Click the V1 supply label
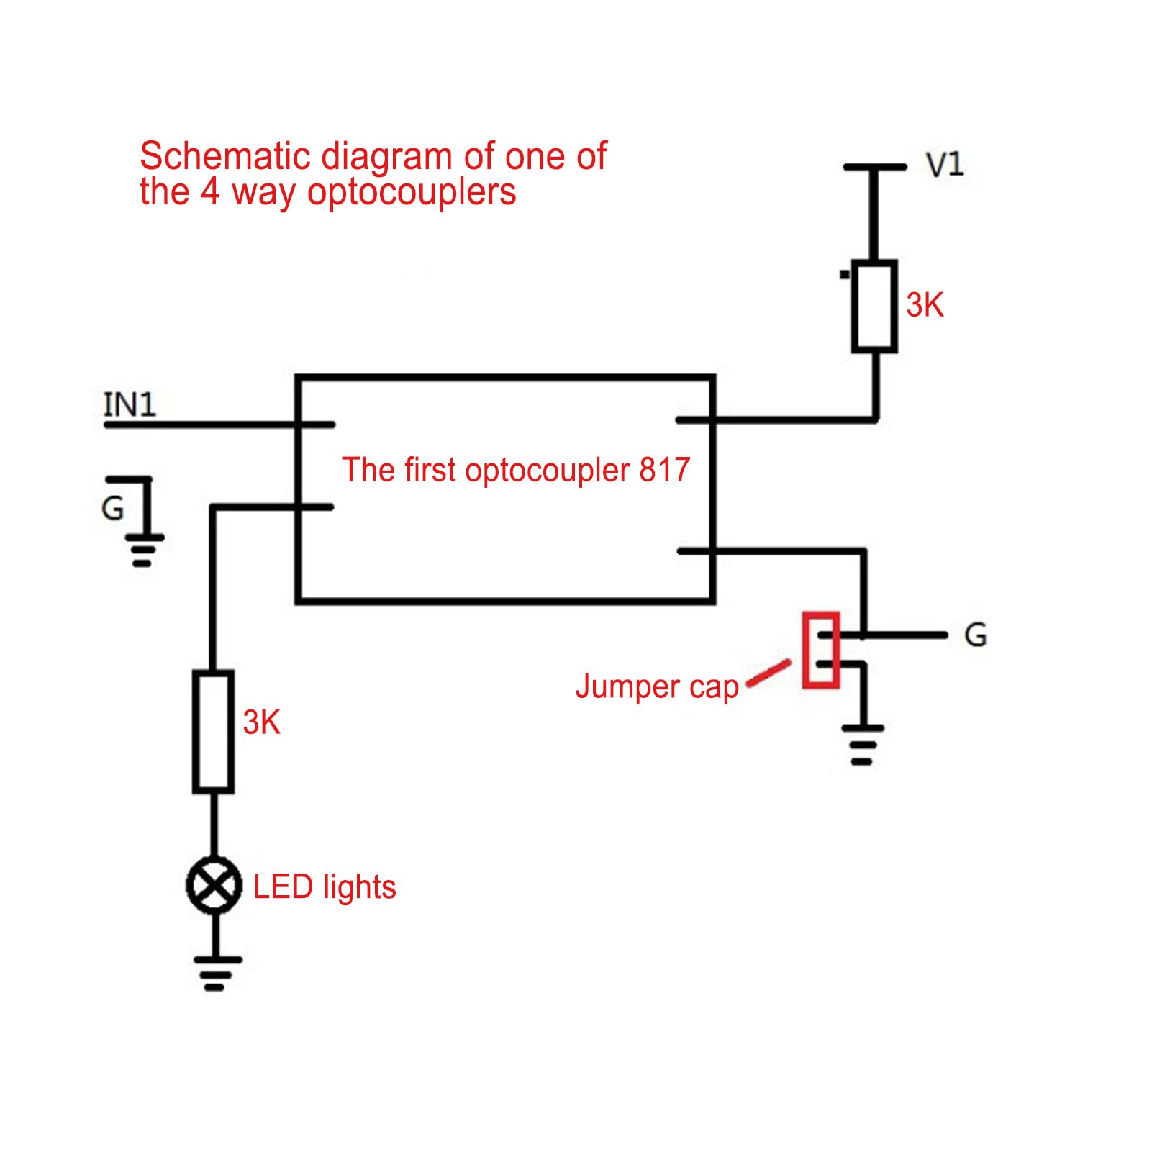coord(945,165)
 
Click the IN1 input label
coord(130,404)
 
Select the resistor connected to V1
coord(874,307)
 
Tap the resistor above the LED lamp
coord(213,732)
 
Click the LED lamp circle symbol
coord(214,885)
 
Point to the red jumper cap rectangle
coord(821,650)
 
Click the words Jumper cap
coord(657,686)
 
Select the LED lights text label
coord(325,886)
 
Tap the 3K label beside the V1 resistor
coord(925,305)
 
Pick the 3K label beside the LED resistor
coord(261,722)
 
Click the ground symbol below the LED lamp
coord(216,972)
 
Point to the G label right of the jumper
coord(975,635)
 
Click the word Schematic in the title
coord(224,156)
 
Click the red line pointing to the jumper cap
coord(768,673)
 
